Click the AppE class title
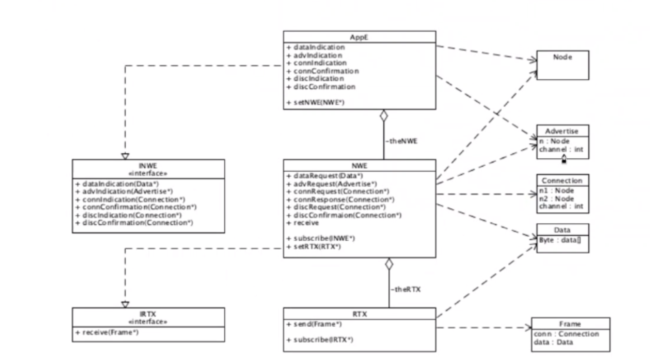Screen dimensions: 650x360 (359, 37)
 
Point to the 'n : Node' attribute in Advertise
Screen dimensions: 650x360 (554, 141)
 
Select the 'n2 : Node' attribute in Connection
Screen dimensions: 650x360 (557, 199)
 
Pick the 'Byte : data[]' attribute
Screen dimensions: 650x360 (560, 240)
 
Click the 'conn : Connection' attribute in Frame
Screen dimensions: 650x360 (566, 334)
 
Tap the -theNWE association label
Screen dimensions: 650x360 (402, 141)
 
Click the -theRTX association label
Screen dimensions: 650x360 (406, 289)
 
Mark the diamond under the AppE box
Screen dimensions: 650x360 (384, 115)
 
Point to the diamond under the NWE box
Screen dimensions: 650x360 (389, 264)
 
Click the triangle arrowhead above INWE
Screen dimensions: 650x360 (125, 156)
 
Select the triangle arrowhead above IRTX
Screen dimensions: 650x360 (125, 305)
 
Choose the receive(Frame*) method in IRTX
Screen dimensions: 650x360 (107, 332)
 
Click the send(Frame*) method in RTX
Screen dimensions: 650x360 (314, 324)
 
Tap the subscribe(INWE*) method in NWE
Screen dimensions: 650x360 (321, 238)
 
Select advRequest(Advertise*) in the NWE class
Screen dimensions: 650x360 (332, 184)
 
